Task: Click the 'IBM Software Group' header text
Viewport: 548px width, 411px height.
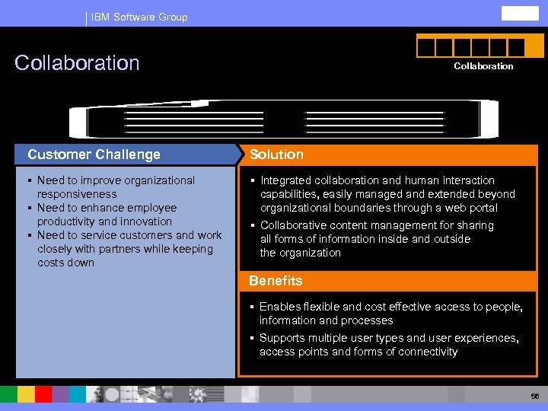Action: (x=139, y=17)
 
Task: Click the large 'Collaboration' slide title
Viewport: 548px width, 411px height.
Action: (x=77, y=63)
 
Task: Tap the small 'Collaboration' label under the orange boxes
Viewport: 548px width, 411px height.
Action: (x=483, y=66)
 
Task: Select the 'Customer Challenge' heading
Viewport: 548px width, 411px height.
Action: (x=94, y=155)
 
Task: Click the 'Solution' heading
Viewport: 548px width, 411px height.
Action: (x=276, y=155)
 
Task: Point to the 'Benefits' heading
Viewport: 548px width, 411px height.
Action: (x=276, y=281)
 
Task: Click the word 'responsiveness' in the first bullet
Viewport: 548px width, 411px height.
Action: (x=77, y=194)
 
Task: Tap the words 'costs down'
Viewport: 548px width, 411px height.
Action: (x=65, y=263)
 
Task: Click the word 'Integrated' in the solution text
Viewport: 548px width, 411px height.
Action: (x=286, y=180)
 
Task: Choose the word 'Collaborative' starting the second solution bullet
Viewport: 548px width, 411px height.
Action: (x=294, y=225)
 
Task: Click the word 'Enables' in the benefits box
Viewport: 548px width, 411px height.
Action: (x=279, y=307)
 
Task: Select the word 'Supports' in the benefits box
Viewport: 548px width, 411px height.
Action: (x=282, y=338)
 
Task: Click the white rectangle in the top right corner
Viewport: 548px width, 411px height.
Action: (x=520, y=13)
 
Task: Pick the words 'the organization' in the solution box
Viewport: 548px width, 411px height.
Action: (x=301, y=253)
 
